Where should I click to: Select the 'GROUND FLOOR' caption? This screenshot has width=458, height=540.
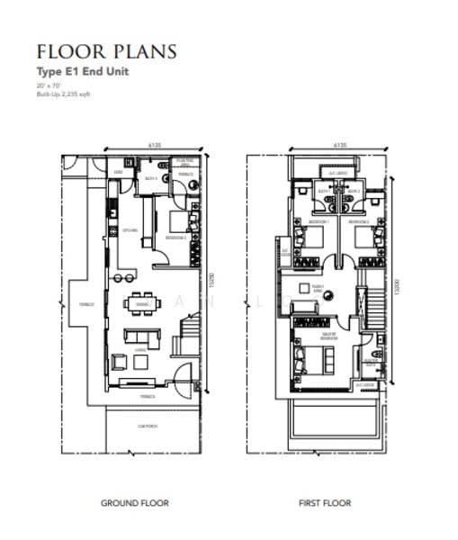coord(134,503)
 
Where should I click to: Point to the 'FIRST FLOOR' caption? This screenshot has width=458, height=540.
coord(325,503)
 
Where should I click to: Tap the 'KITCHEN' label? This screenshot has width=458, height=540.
coord(130,230)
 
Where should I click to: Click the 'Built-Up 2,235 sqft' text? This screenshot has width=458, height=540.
coord(64,94)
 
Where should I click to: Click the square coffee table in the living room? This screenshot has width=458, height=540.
coord(142,362)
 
